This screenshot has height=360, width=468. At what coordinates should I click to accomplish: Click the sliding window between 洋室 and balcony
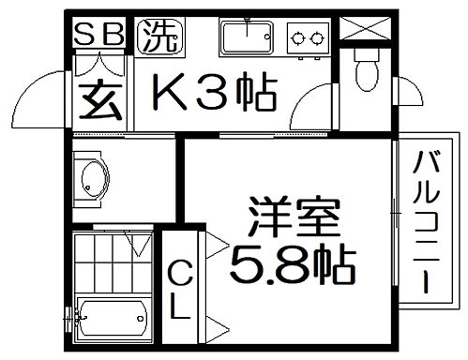tap(393, 223)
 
